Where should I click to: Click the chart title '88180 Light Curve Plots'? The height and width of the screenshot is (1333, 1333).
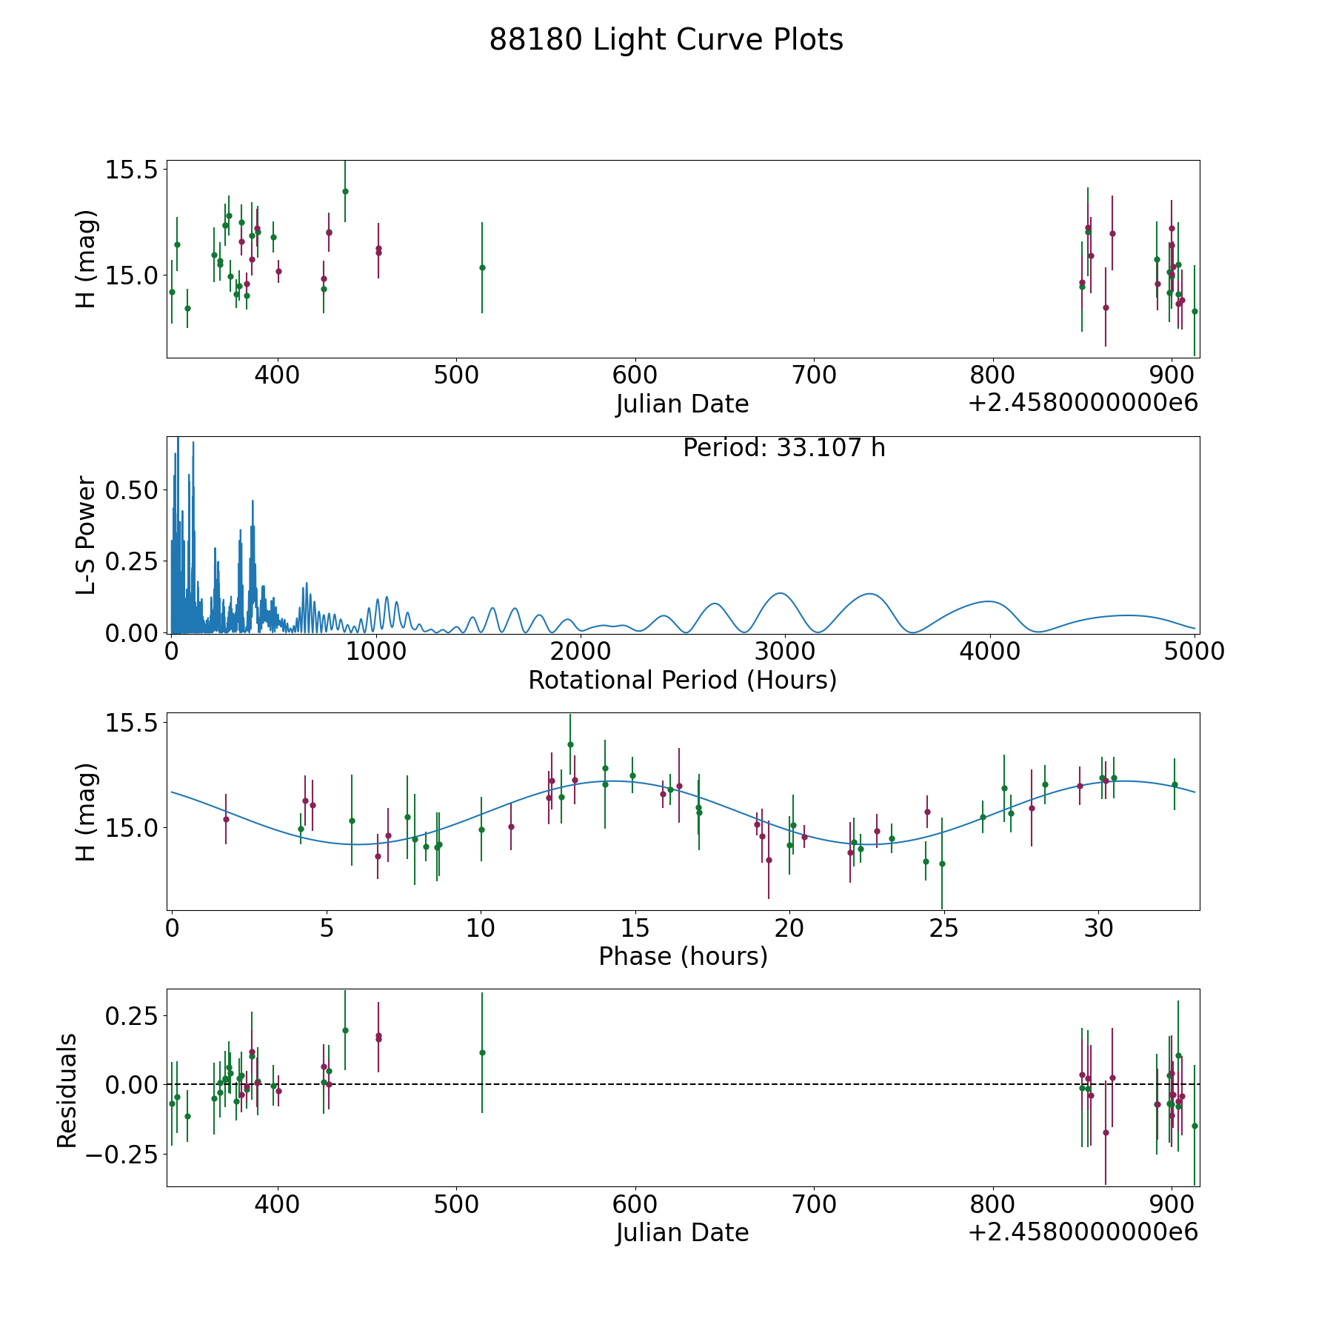tap(666, 40)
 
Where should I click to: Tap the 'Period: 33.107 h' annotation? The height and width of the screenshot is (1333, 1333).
tap(784, 448)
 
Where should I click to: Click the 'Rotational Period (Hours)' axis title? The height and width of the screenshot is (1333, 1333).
tap(682, 680)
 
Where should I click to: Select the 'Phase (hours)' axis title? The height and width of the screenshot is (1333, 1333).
tap(682, 956)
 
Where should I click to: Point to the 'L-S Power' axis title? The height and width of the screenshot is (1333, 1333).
tap(87, 535)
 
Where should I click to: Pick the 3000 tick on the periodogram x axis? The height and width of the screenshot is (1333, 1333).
tap(784, 652)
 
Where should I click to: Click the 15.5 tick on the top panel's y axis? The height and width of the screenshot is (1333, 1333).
tap(132, 170)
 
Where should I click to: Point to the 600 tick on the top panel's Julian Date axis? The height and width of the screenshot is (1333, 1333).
tap(635, 375)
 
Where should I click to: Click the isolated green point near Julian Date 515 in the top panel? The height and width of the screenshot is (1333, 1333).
tap(482, 267)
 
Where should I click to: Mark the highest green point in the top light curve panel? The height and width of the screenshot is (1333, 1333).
tap(345, 191)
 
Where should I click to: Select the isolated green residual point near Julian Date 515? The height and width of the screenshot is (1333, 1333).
tap(482, 1052)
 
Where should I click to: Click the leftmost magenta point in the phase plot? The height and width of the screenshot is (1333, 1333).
tap(226, 818)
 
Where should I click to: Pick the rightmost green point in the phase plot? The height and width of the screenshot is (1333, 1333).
tap(1175, 784)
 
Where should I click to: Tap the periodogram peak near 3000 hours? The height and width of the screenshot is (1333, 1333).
tap(780, 593)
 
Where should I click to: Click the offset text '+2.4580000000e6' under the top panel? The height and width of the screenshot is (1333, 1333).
tap(1083, 404)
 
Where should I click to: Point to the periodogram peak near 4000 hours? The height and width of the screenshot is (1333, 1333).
tap(989, 601)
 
